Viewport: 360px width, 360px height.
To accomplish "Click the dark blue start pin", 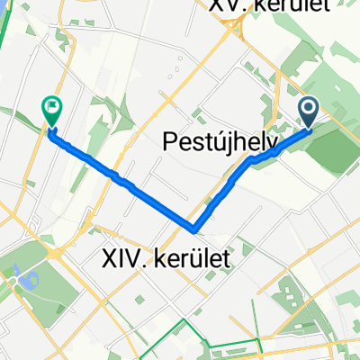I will tap(308, 112).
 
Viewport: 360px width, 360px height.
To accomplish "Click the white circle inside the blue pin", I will tap(308, 109).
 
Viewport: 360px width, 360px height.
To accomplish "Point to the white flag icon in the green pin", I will tap(51, 108).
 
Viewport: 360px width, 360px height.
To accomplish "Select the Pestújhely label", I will tap(220, 141).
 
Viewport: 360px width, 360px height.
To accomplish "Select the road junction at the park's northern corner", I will tap(55, 253).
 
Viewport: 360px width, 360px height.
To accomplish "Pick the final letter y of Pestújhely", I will tap(270, 144).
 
